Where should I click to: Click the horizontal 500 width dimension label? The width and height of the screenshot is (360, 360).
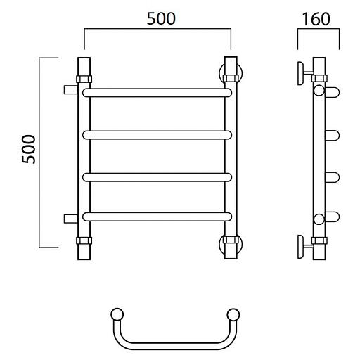pyautogui.click(x=161, y=19)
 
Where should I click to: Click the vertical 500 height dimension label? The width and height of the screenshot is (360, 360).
pyautogui.click(x=28, y=149)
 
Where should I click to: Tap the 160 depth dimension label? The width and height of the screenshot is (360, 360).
pyautogui.click(x=316, y=19)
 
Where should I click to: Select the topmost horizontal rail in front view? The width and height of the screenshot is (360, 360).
pyautogui.click(x=157, y=93)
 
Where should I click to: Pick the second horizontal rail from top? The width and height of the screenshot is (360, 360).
pyautogui.click(x=157, y=135)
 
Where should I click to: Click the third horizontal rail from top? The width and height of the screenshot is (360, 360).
pyautogui.click(x=157, y=177)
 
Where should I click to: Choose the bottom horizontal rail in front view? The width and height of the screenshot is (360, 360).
pyautogui.click(x=157, y=217)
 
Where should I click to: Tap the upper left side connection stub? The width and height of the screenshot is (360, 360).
pyautogui.click(x=70, y=90)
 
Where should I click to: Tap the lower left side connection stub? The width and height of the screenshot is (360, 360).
pyautogui.click(x=70, y=219)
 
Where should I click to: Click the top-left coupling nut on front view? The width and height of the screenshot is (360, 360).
pyautogui.click(x=84, y=79)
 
